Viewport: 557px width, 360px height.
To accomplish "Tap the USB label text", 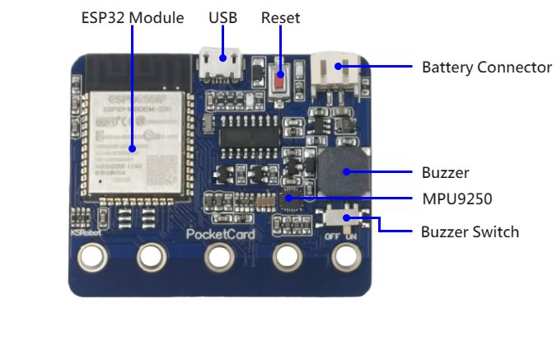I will coord(222,18).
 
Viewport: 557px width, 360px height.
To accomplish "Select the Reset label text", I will coord(280,18).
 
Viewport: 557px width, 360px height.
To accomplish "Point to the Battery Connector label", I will coord(486,68).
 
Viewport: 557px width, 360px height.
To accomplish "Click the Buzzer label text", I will coord(445,173).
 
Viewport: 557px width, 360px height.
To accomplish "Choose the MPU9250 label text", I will coord(456,199).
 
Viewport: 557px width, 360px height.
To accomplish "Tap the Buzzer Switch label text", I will coord(470,232).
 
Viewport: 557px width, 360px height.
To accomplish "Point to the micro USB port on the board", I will coord(220,64).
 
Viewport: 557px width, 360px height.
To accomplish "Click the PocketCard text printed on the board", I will coord(220,234).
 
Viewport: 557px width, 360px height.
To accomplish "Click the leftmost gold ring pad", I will coord(92,258).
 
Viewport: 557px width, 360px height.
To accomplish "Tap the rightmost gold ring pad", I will coord(346,258).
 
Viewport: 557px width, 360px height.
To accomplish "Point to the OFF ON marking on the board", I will coord(344,236).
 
